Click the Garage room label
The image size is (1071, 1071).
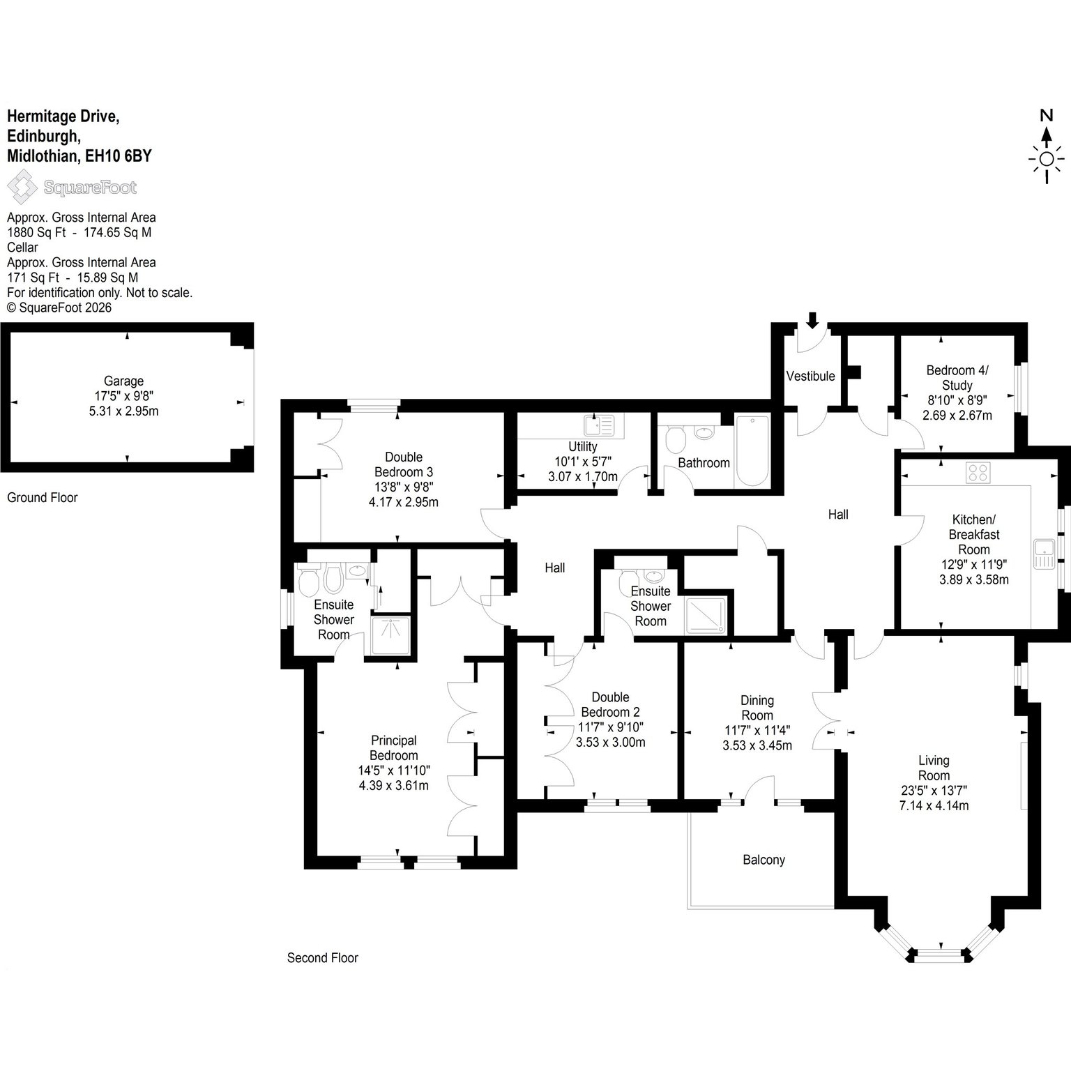[x=124, y=381]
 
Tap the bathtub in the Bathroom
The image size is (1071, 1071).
[x=752, y=452]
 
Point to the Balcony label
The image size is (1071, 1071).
[x=764, y=860]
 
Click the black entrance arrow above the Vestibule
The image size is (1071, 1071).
[x=812, y=320]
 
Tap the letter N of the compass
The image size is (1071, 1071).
[x=1046, y=116]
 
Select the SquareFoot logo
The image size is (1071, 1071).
[x=72, y=187]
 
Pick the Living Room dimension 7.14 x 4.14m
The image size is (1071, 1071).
[x=934, y=805]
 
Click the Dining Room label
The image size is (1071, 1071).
[x=757, y=708]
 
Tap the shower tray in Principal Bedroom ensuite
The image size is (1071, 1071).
[x=392, y=635]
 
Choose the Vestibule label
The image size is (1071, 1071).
[x=810, y=377]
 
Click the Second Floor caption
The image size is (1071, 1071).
[x=322, y=958]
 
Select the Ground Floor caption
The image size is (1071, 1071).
[x=42, y=498]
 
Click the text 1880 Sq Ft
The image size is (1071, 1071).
[x=36, y=232]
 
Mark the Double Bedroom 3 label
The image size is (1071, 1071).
[x=404, y=464]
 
